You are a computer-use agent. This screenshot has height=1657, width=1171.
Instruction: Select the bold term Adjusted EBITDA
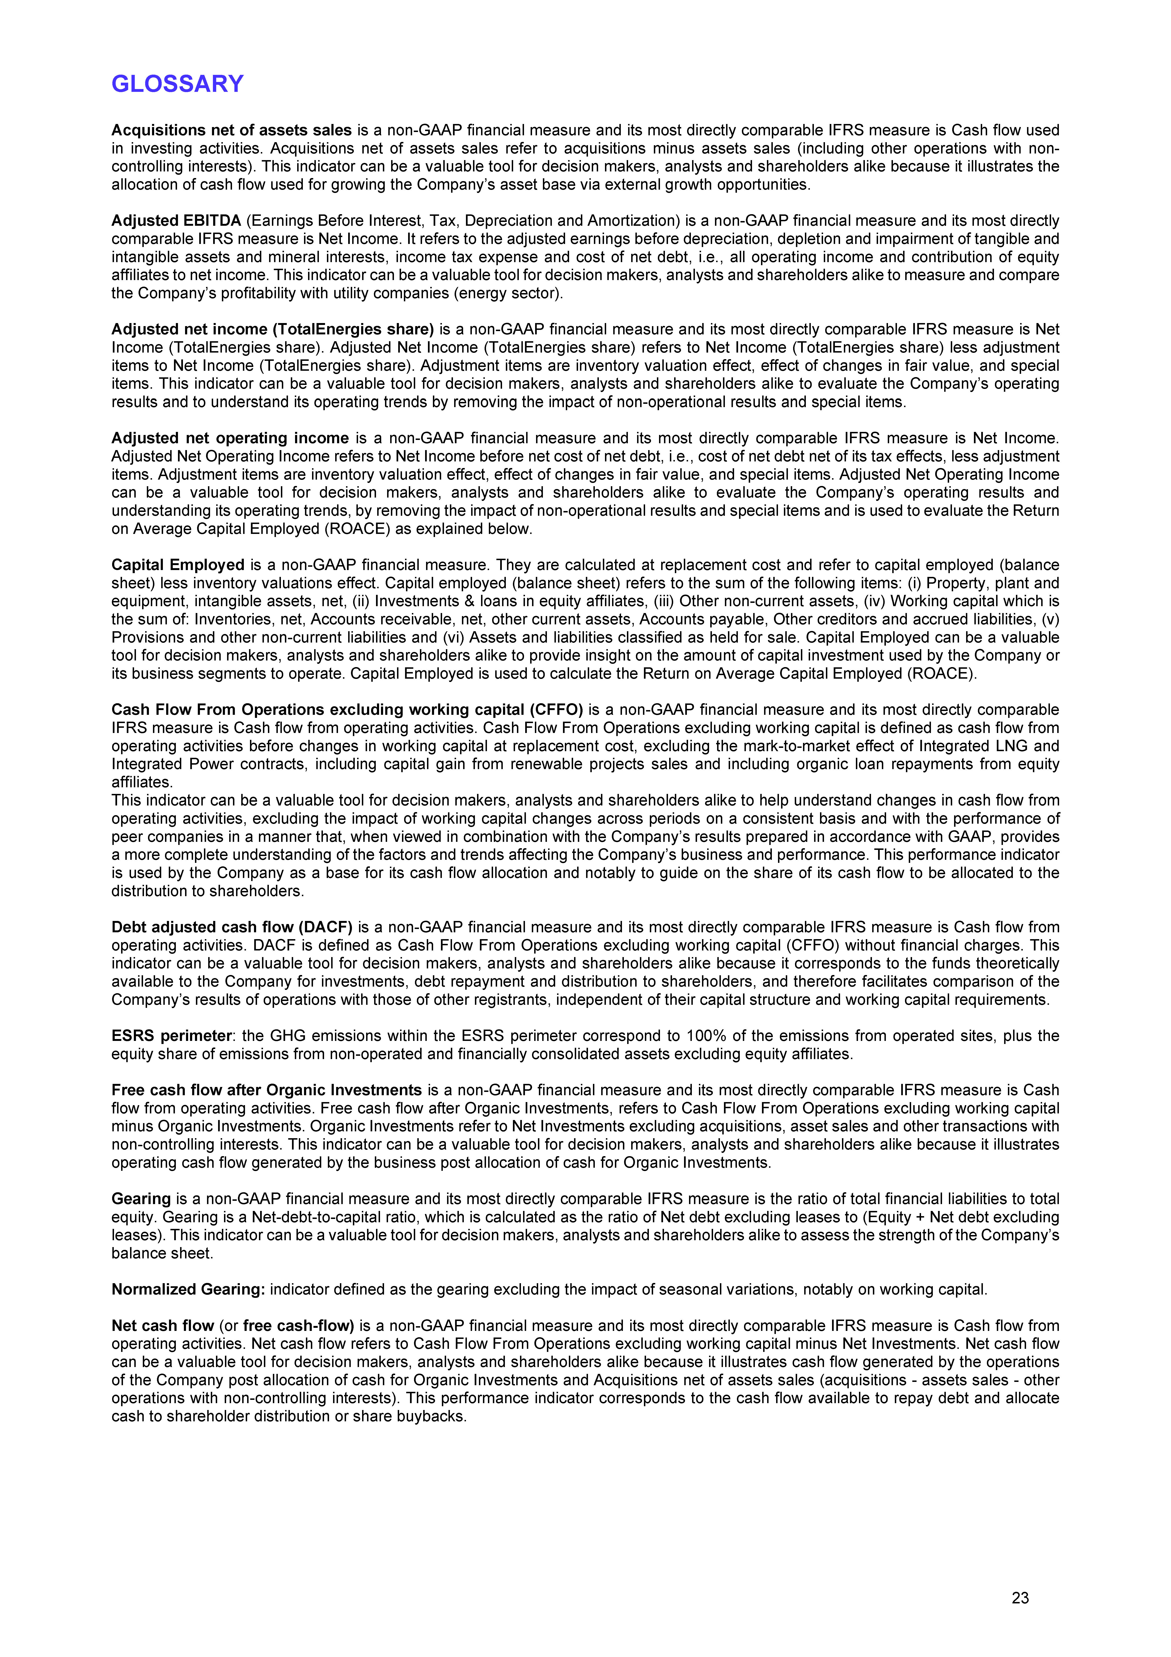pyautogui.click(x=176, y=221)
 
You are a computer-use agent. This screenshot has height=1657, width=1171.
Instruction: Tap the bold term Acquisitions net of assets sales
pyautogui.click(x=231, y=131)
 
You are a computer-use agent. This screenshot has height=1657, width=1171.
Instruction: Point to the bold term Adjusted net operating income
pyautogui.click(x=229, y=438)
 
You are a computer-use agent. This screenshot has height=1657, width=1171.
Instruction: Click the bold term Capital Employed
pyautogui.click(x=178, y=565)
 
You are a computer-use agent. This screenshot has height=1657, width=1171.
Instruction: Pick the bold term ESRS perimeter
pyautogui.click(x=171, y=1036)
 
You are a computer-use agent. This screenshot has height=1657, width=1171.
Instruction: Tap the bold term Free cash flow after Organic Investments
pyautogui.click(x=266, y=1090)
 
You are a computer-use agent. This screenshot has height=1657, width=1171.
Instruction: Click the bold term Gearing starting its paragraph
pyautogui.click(x=141, y=1199)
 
